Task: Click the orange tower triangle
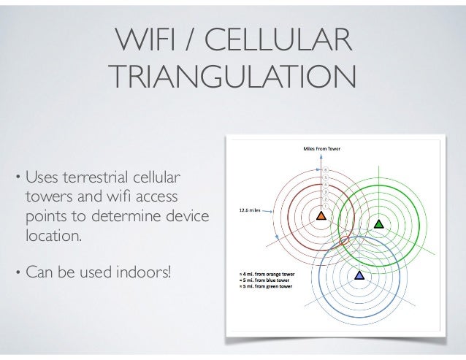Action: click(321, 217)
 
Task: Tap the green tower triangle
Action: click(378, 224)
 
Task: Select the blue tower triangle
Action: click(359, 275)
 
